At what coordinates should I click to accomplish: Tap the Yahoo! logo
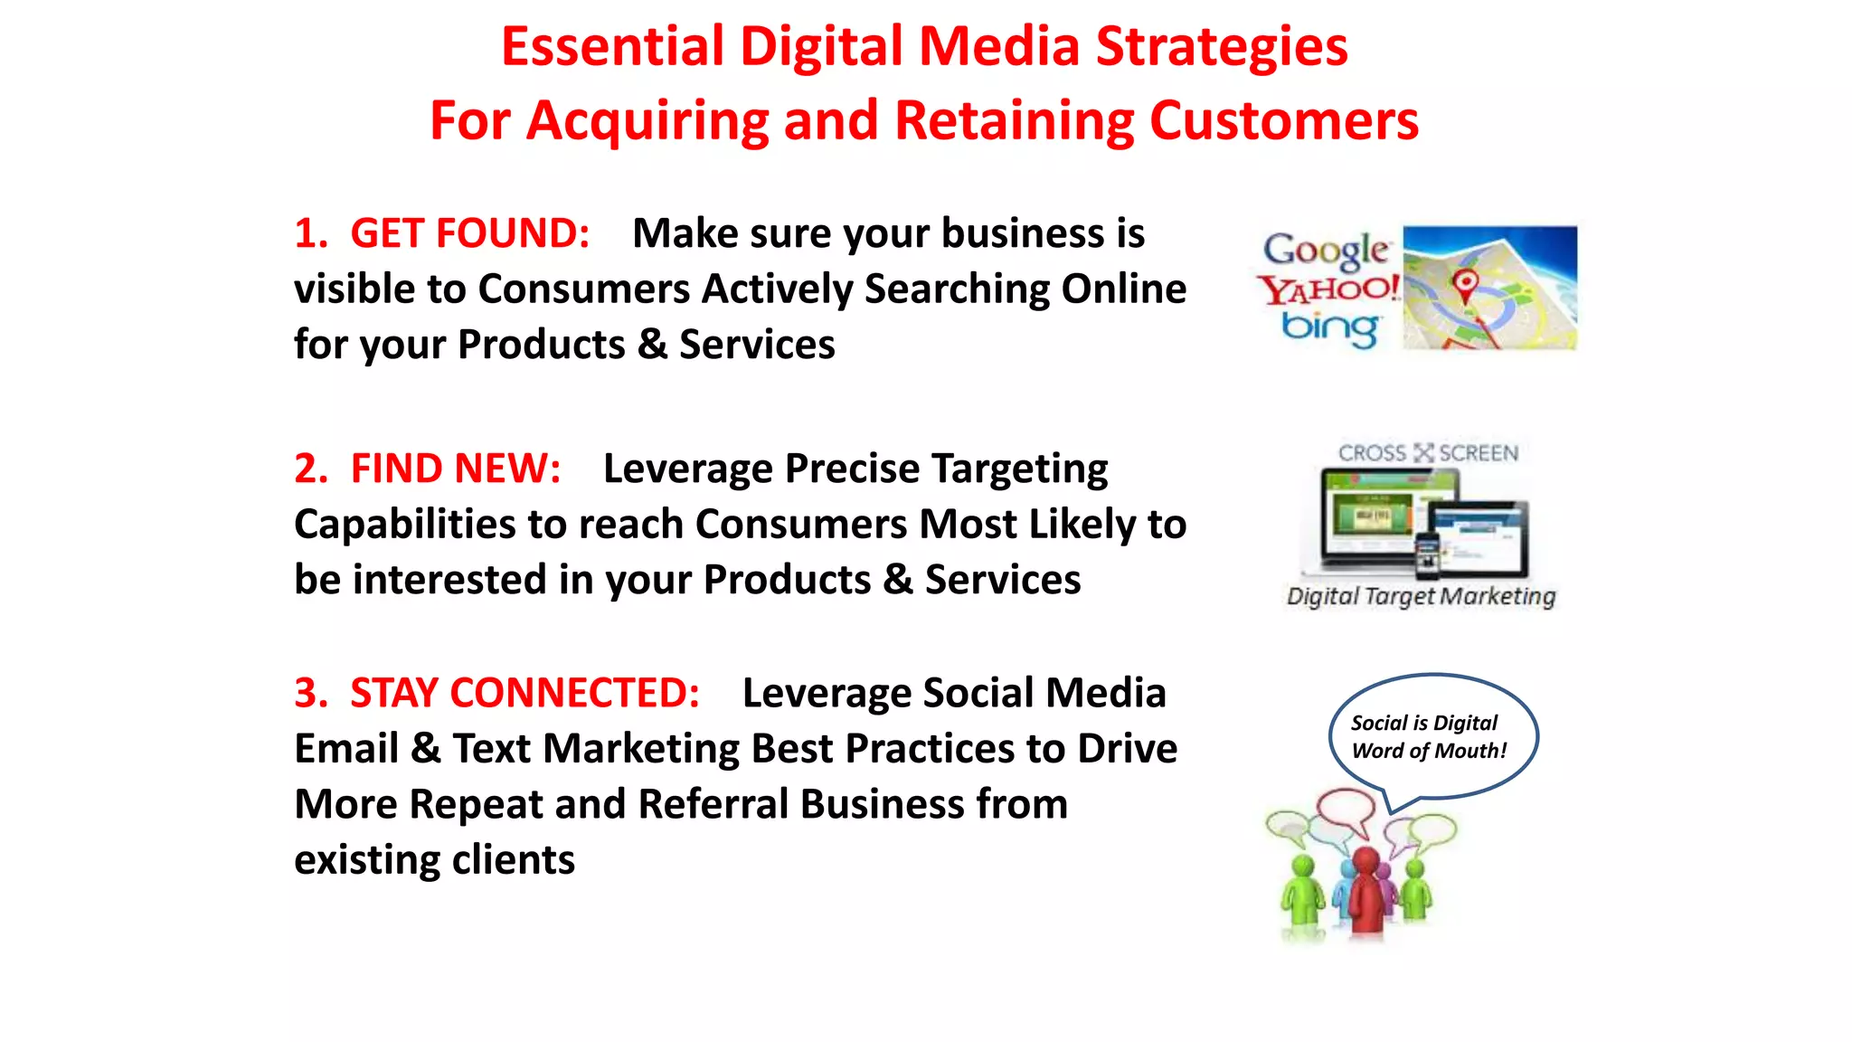click(x=1328, y=289)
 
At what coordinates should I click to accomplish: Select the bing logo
click(x=1329, y=327)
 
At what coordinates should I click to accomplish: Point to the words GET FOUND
click(x=469, y=233)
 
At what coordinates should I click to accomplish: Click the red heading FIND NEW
click(x=455, y=469)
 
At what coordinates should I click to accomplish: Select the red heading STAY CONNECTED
click(x=524, y=693)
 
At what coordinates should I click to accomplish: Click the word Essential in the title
click(x=612, y=47)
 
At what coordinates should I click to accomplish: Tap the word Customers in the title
click(x=1284, y=121)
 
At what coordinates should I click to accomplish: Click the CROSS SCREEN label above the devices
click(x=1428, y=452)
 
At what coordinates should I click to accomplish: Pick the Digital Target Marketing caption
click(x=1421, y=596)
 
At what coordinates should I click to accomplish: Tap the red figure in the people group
click(x=1366, y=891)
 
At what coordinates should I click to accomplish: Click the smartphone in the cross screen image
click(x=1427, y=555)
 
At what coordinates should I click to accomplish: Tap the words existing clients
click(x=434, y=859)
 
